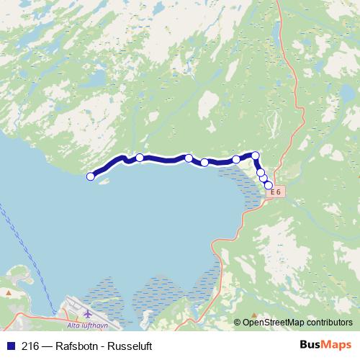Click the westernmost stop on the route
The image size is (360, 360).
click(91, 176)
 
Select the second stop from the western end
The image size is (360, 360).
click(140, 158)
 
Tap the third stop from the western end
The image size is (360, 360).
click(189, 158)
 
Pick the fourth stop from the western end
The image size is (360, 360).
click(204, 163)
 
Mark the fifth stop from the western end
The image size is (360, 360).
click(236, 159)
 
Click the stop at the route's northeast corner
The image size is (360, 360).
click(255, 155)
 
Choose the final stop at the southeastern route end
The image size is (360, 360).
click(269, 186)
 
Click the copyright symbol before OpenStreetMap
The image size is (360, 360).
click(238, 322)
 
